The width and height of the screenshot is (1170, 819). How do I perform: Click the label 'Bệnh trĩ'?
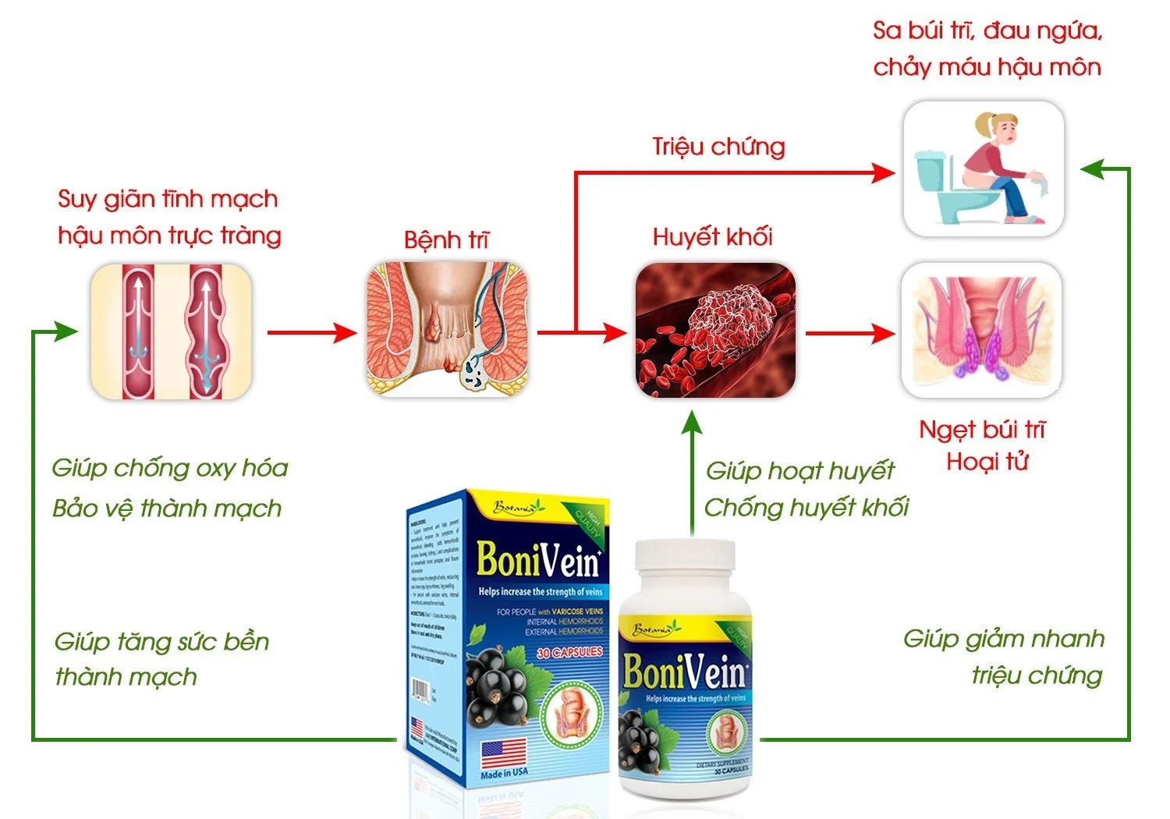pyautogui.click(x=446, y=239)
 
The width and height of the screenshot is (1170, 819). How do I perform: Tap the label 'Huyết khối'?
pyautogui.click(x=712, y=236)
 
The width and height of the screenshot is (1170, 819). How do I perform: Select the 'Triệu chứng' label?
pyautogui.click(x=718, y=147)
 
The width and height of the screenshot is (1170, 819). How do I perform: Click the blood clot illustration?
pyautogui.click(x=715, y=330)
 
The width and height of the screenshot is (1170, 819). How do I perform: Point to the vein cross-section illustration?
pyautogui.click(x=172, y=331)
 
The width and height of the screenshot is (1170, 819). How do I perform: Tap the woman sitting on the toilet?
pyautogui.click(x=998, y=168)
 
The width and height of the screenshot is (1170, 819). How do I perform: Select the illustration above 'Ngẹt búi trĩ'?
pyautogui.click(x=981, y=330)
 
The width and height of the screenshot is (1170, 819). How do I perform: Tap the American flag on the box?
pyautogui.click(x=503, y=753)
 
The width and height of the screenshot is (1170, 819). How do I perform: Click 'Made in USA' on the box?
pyautogui.click(x=504, y=773)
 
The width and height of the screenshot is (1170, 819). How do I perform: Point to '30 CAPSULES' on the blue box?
pyautogui.click(x=569, y=652)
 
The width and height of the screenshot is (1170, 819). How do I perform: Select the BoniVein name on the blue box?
pyautogui.click(x=538, y=560)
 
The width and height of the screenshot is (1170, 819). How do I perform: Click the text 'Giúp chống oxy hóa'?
pyautogui.click(x=170, y=468)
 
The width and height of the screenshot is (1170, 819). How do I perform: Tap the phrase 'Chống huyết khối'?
pyautogui.click(x=807, y=508)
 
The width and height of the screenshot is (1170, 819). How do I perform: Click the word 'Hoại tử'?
pyautogui.click(x=987, y=462)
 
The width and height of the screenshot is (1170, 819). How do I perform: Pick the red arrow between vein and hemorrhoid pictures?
pyautogui.click(x=311, y=332)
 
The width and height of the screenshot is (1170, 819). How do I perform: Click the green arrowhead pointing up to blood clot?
pyautogui.click(x=691, y=422)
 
